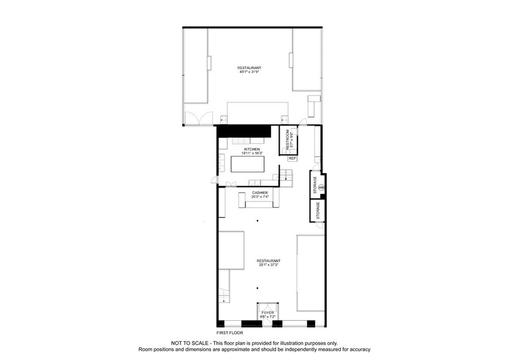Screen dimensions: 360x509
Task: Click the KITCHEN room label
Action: pos(252,149)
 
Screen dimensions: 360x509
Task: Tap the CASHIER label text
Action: pos(260,193)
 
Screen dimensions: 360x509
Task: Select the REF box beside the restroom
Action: pos(292,158)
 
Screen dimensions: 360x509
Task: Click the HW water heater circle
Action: pos(321,187)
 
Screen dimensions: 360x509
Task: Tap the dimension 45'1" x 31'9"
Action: pos(249,72)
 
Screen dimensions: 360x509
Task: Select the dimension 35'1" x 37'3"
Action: pos(268,264)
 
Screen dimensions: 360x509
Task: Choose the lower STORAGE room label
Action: pos(318,211)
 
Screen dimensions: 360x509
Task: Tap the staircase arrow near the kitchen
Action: pos(284,177)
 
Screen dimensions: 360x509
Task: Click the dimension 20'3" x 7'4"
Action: pos(259,197)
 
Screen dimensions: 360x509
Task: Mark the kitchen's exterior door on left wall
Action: pos(215,179)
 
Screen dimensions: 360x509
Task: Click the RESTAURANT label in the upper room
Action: pos(250,67)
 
